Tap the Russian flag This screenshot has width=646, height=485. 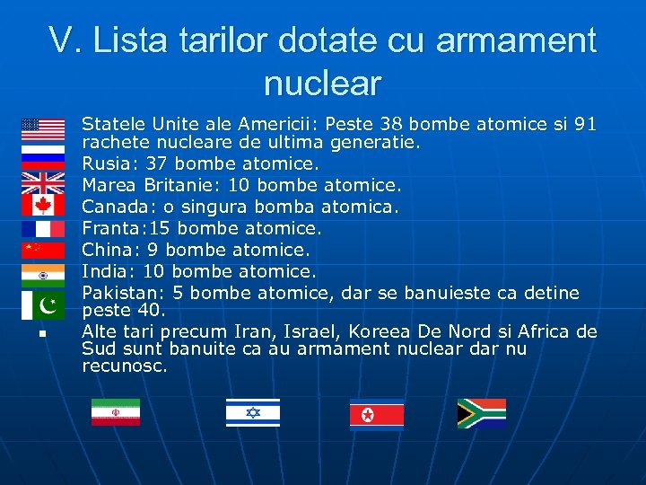click(43, 153)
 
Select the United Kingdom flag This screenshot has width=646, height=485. click(43, 184)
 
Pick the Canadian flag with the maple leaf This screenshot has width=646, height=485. click(43, 206)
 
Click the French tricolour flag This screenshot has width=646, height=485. click(43, 228)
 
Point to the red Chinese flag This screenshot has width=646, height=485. click(43, 250)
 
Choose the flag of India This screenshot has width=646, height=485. click(43, 272)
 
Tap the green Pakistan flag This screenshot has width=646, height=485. click(43, 305)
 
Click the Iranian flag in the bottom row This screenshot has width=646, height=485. click(115, 412)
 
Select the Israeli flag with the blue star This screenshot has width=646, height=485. click(252, 412)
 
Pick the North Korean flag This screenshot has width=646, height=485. click(376, 414)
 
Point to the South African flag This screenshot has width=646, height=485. click(481, 413)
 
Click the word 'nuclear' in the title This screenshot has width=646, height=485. click(322, 84)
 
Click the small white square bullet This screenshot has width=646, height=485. click(41, 334)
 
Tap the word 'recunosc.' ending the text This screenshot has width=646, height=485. click(125, 366)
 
